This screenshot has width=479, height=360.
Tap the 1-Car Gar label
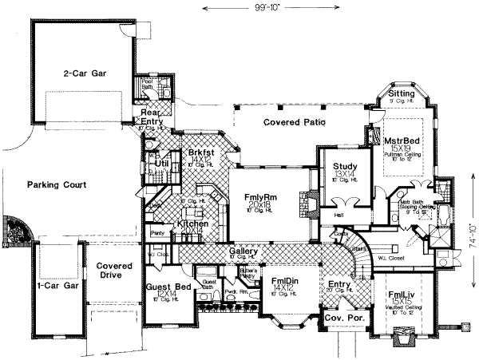click(57, 284)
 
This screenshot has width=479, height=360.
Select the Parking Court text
click(57, 184)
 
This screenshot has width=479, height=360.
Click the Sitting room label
click(401, 94)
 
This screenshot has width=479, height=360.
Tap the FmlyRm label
click(259, 196)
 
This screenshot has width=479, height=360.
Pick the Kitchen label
click(193, 224)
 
